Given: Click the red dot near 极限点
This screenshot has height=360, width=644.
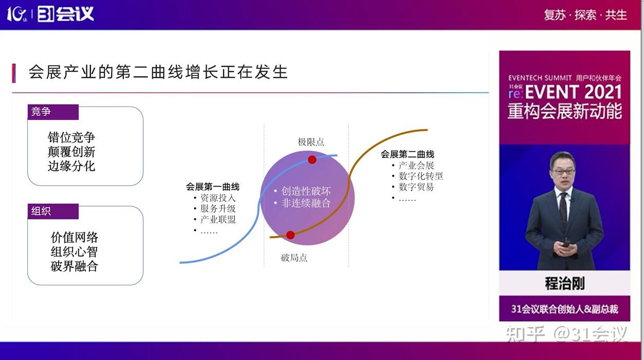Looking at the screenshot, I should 312,159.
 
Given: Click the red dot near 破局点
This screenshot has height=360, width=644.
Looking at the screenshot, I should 290,235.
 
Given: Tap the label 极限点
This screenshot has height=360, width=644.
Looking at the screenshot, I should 311,142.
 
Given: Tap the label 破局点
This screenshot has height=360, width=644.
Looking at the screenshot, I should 294,258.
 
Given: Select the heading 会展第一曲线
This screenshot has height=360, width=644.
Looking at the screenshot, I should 213,187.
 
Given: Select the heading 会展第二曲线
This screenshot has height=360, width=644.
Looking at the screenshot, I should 407,154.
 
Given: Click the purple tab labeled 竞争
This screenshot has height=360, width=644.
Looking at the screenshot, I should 53,112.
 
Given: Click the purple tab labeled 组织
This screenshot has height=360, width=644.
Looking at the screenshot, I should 53,211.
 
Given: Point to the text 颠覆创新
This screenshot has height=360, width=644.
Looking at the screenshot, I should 71,152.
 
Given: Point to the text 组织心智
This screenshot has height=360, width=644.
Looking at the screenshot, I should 74,252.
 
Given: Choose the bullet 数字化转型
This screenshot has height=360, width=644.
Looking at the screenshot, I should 420,176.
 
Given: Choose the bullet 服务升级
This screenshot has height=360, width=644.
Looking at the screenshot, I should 218,208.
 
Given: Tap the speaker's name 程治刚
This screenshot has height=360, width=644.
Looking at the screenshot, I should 564,283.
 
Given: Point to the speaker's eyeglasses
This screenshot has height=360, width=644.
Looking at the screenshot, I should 562,171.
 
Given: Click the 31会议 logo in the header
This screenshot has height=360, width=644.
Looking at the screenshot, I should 65,14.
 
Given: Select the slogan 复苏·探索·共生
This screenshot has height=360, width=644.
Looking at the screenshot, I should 585,15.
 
